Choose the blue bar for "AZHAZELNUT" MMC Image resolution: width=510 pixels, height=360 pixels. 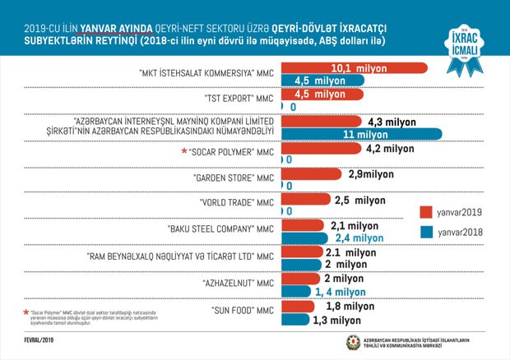pos(299,292)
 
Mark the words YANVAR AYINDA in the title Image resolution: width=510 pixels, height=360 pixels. pos(114,25)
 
